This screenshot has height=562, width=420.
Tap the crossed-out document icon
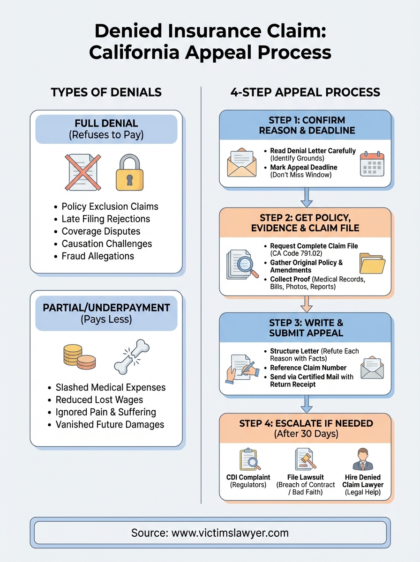point(82,172)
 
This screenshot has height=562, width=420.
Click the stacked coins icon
point(79,357)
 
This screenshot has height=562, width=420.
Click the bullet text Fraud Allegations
point(97,256)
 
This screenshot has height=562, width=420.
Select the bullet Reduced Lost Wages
point(99,399)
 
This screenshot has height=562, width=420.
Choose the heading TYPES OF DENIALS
point(106,92)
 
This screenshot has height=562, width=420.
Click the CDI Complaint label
point(248,477)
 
